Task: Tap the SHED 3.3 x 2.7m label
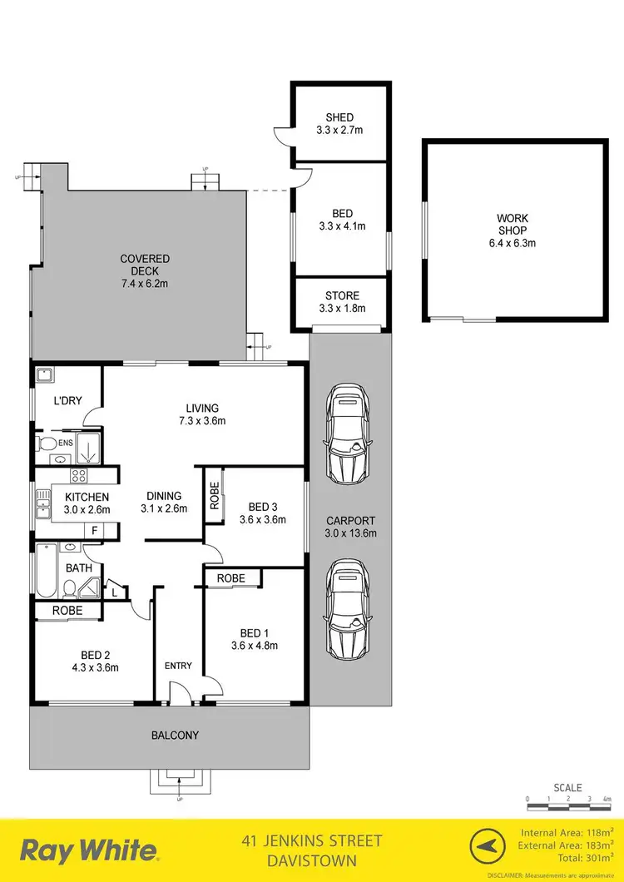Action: pyautogui.click(x=339, y=124)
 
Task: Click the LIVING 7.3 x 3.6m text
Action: pyautogui.click(x=202, y=414)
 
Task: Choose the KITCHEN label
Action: pyautogui.click(x=87, y=503)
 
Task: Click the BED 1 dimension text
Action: pyautogui.click(x=255, y=645)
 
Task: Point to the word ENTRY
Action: pyautogui.click(x=178, y=666)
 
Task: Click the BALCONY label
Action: pyautogui.click(x=175, y=735)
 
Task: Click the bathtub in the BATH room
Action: pyautogui.click(x=47, y=571)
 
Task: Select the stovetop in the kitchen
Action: pyautogui.click(x=79, y=477)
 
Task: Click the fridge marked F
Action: pyautogui.click(x=96, y=529)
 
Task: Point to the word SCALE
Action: pyautogui.click(x=568, y=787)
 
